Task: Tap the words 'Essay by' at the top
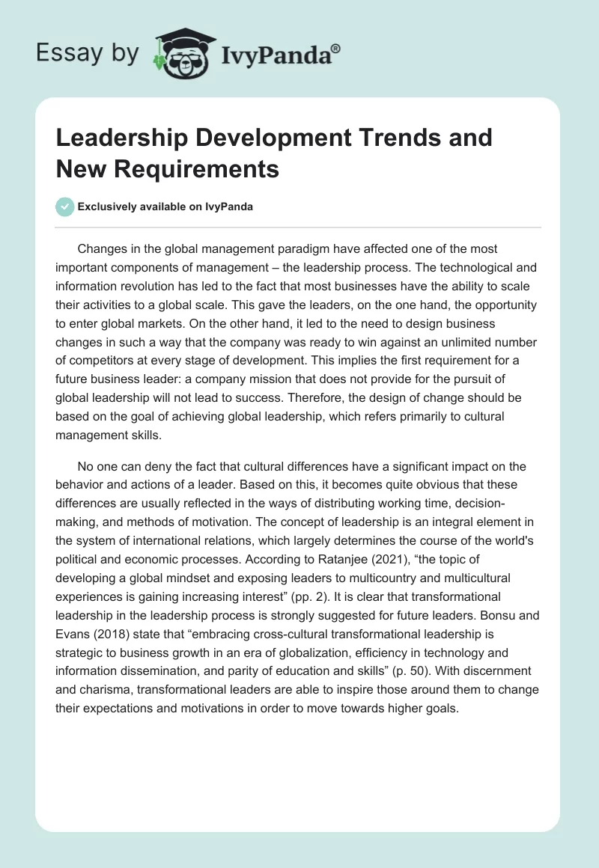click(x=87, y=53)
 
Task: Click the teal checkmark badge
click(x=66, y=207)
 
